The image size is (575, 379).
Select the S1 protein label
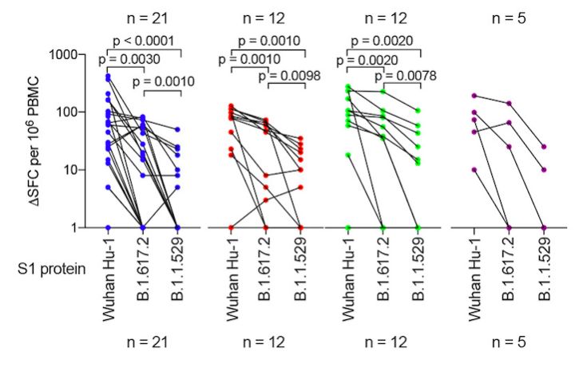pyautogui.click(x=49, y=270)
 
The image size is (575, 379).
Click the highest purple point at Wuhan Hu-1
pyautogui.click(x=474, y=96)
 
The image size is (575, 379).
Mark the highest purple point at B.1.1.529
pyautogui.click(x=544, y=147)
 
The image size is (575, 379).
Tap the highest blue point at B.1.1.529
pyautogui.click(x=177, y=129)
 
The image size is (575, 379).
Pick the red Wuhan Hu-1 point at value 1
pyautogui.click(x=232, y=227)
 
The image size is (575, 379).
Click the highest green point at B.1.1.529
pyautogui.click(x=417, y=110)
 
